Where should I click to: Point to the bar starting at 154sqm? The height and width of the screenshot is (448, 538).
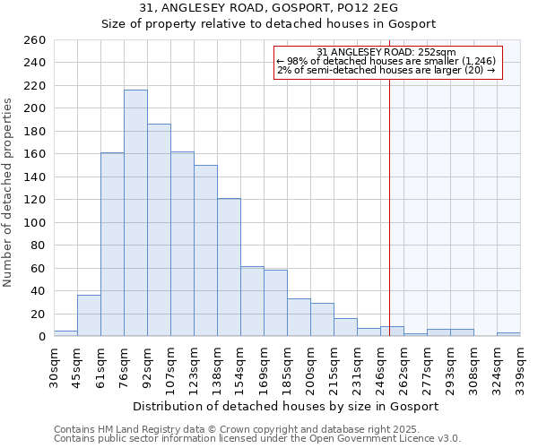tap(252, 301)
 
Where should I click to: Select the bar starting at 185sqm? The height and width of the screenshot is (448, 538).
tap(299, 317)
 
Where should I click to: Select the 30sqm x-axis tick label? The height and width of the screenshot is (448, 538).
tap(54, 365)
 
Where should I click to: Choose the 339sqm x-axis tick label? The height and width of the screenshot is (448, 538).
tap(520, 365)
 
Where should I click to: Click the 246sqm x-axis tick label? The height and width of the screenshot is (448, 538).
tap(380, 365)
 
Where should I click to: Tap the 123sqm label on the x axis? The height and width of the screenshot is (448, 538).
tap(194, 365)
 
